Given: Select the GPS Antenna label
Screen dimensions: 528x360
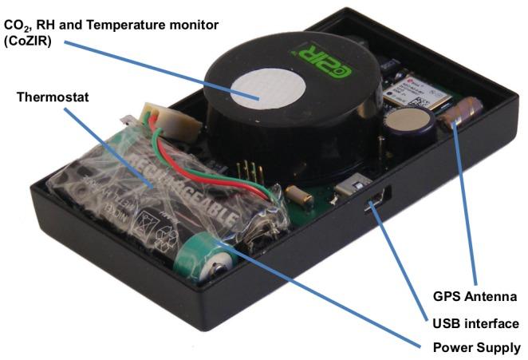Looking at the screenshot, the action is [x=475, y=296].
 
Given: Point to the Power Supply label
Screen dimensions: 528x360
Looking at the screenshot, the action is [x=476, y=348].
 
